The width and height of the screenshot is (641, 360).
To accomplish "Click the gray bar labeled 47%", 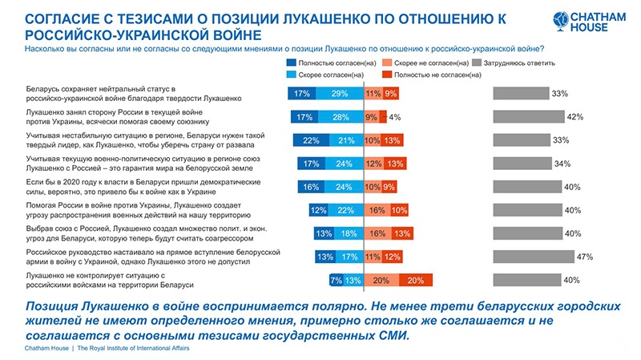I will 531,257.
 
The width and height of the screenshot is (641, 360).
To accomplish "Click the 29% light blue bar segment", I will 339,94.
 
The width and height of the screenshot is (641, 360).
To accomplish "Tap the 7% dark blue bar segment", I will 337,280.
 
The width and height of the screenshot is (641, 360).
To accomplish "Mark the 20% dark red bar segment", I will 415,280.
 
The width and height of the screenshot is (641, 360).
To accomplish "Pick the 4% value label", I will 394,117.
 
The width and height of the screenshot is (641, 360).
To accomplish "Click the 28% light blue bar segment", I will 339,117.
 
